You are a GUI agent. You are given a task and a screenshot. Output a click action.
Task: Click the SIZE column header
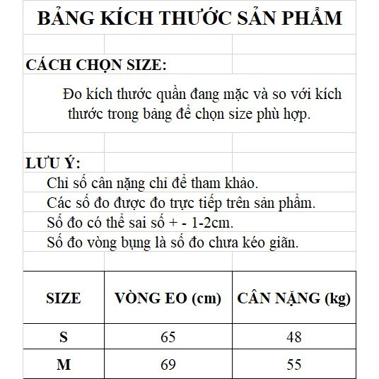pos(63,298)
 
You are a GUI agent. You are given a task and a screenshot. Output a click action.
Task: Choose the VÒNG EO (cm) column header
pos(168,298)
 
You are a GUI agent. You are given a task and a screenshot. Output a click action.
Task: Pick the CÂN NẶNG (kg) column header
pos(293,298)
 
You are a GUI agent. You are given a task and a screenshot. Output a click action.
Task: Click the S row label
pos(64,337)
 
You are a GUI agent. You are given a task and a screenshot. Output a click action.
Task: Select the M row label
pos(64,365)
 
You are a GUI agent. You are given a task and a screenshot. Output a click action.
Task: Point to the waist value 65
pos(168,337)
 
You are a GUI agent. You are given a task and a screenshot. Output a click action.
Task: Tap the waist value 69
pos(168,365)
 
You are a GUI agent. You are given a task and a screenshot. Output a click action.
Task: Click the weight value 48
pos(293,337)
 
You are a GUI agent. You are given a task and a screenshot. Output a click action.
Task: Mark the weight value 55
pos(293,365)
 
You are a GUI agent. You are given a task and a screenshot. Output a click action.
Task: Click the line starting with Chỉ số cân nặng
pos(147,183)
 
